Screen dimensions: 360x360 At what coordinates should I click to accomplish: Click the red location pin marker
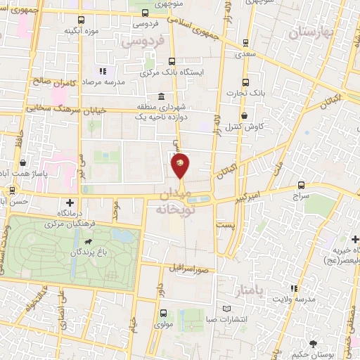coord(180,166)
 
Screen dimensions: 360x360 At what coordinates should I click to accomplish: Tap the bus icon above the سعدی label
coord(245,42)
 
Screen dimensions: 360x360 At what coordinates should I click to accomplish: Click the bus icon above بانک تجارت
coord(245,81)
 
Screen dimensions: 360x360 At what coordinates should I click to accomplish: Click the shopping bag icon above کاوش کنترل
coord(244,115)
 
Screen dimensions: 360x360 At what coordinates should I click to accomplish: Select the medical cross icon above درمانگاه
coord(69,201)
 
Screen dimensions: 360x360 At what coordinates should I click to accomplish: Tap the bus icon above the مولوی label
coord(163,314)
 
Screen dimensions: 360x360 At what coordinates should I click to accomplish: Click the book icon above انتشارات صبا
coord(226,308)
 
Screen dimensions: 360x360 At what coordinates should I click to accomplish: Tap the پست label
coord(225,225)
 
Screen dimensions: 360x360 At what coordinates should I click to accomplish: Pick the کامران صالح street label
coord(50,82)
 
